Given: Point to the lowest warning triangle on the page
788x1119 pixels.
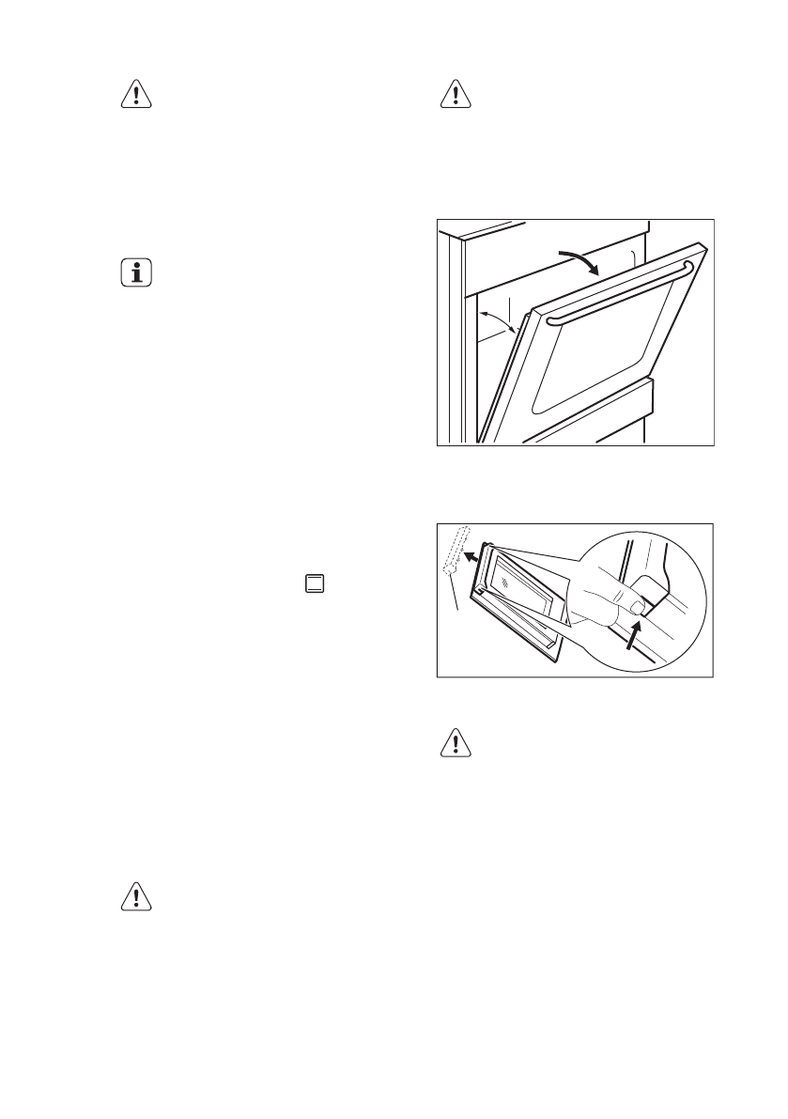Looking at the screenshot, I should [137, 896].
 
